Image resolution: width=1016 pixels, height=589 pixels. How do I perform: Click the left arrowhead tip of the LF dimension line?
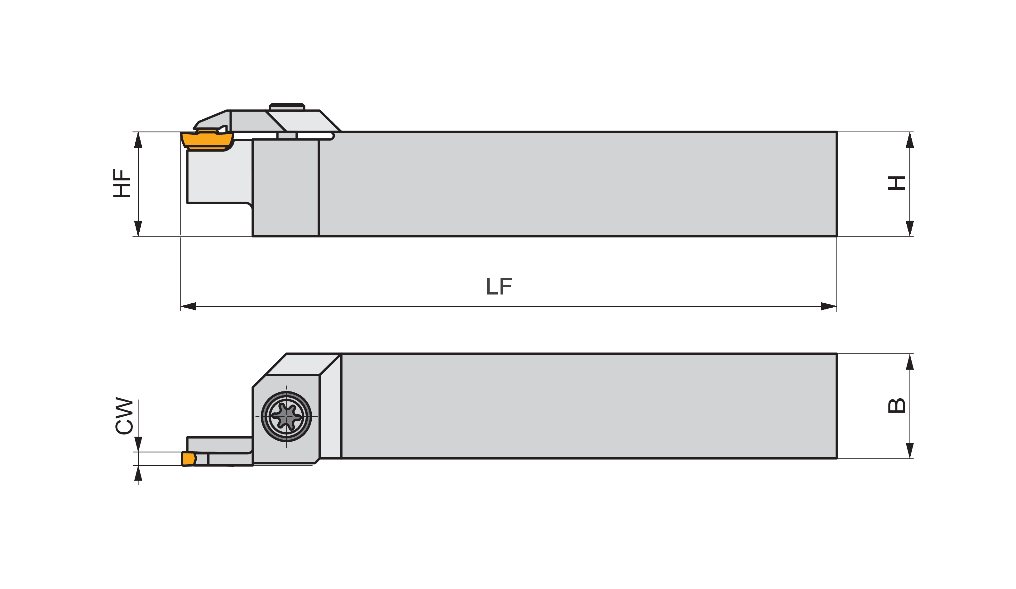(181, 306)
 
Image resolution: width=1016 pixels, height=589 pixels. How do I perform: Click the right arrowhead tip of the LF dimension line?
(836, 306)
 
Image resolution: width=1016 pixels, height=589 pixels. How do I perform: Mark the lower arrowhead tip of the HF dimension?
(138, 236)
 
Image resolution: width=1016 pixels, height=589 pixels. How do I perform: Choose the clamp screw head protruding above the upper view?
(287, 107)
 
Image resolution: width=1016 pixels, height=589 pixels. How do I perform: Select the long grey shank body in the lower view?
(589, 406)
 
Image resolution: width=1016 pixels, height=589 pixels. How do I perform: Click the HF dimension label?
(122, 183)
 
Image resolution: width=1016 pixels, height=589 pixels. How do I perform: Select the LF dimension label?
(499, 286)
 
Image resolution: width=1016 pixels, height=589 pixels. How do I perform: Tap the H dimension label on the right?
(897, 183)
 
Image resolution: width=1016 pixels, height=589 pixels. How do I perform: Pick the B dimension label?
(897, 405)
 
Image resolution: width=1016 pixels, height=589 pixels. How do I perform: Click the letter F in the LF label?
(506, 286)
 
